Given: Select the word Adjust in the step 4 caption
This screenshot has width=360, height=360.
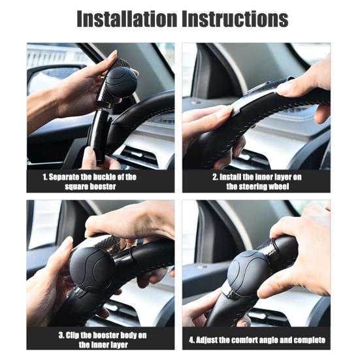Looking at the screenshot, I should [212, 340].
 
